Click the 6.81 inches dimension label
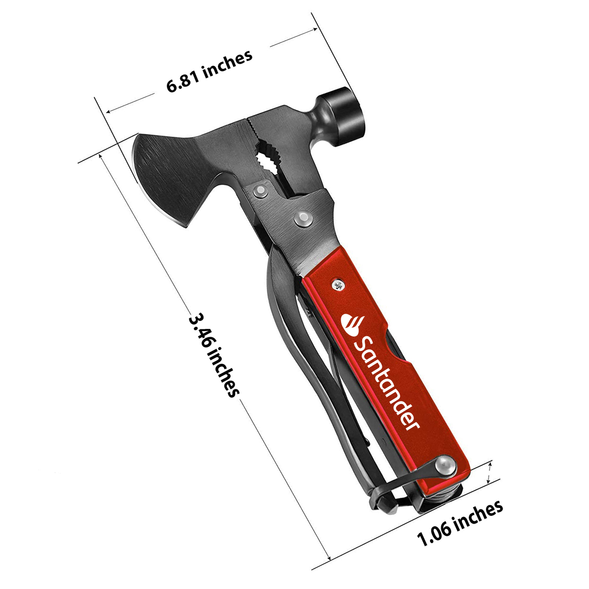coord(210,71)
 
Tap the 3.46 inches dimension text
coord(214,354)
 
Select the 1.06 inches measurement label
coord(460,523)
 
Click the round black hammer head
coord(344,115)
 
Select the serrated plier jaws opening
coord(267,157)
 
